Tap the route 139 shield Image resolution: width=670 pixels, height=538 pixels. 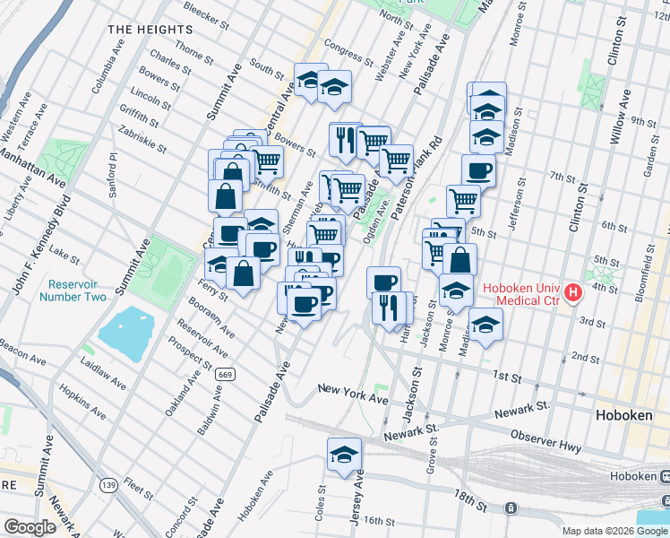pos(109,485)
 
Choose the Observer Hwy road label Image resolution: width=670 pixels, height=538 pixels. pos(547,434)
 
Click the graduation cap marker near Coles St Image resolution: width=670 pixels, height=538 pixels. pos(343,455)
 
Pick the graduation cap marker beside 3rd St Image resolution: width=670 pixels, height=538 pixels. pos(485,324)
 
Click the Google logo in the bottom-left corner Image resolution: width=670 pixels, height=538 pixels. pos(30,527)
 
